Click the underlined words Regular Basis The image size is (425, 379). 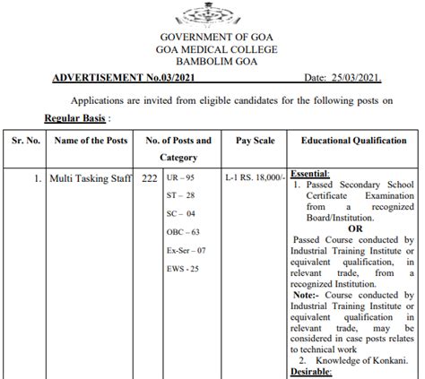tap(77, 117)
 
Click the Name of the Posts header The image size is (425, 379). tap(91, 142)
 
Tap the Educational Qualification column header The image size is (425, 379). tap(353, 142)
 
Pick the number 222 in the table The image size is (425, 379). tap(150, 179)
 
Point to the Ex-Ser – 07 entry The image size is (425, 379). tap(187, 251)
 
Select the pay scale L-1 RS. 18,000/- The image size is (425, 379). tap(255, 179)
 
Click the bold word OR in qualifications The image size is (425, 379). tap(354, 228)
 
